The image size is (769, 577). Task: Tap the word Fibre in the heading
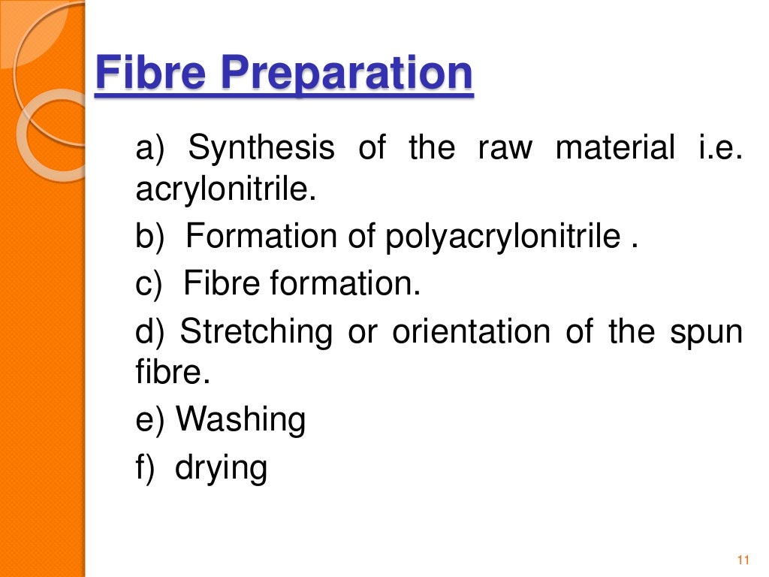tap(150, 74)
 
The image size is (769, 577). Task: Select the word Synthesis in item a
tap(261, 148)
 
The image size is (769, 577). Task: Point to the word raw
tap(505, 147)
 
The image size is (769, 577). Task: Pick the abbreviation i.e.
tap(720, 147)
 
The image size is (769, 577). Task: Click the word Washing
tap(241, 421)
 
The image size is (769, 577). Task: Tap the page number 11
tap(744, 560)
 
